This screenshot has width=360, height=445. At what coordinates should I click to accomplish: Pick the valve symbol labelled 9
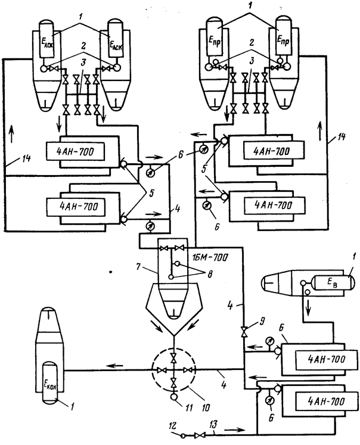click(243, 331)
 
